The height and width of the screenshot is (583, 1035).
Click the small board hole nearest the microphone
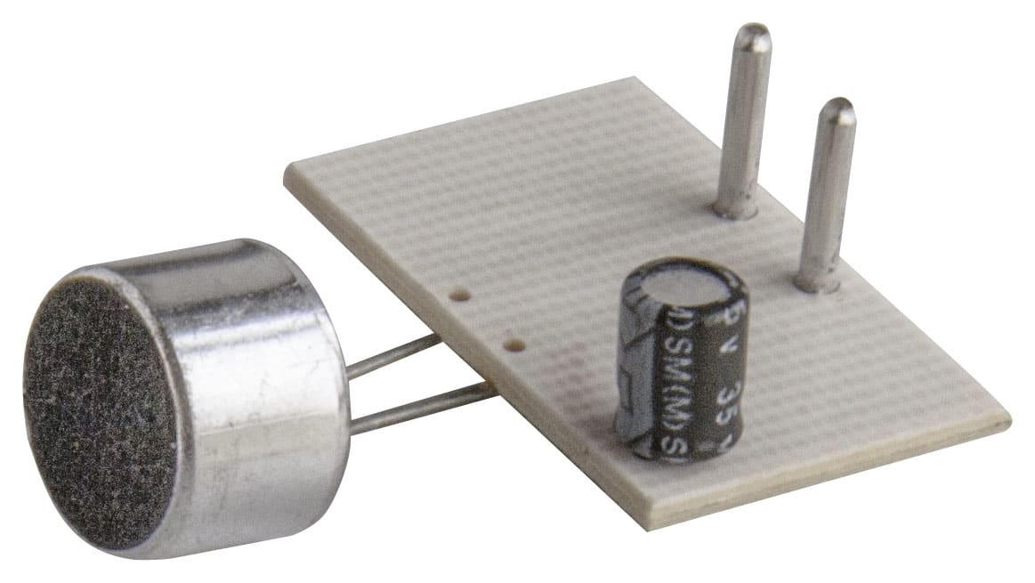(459, 293)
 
